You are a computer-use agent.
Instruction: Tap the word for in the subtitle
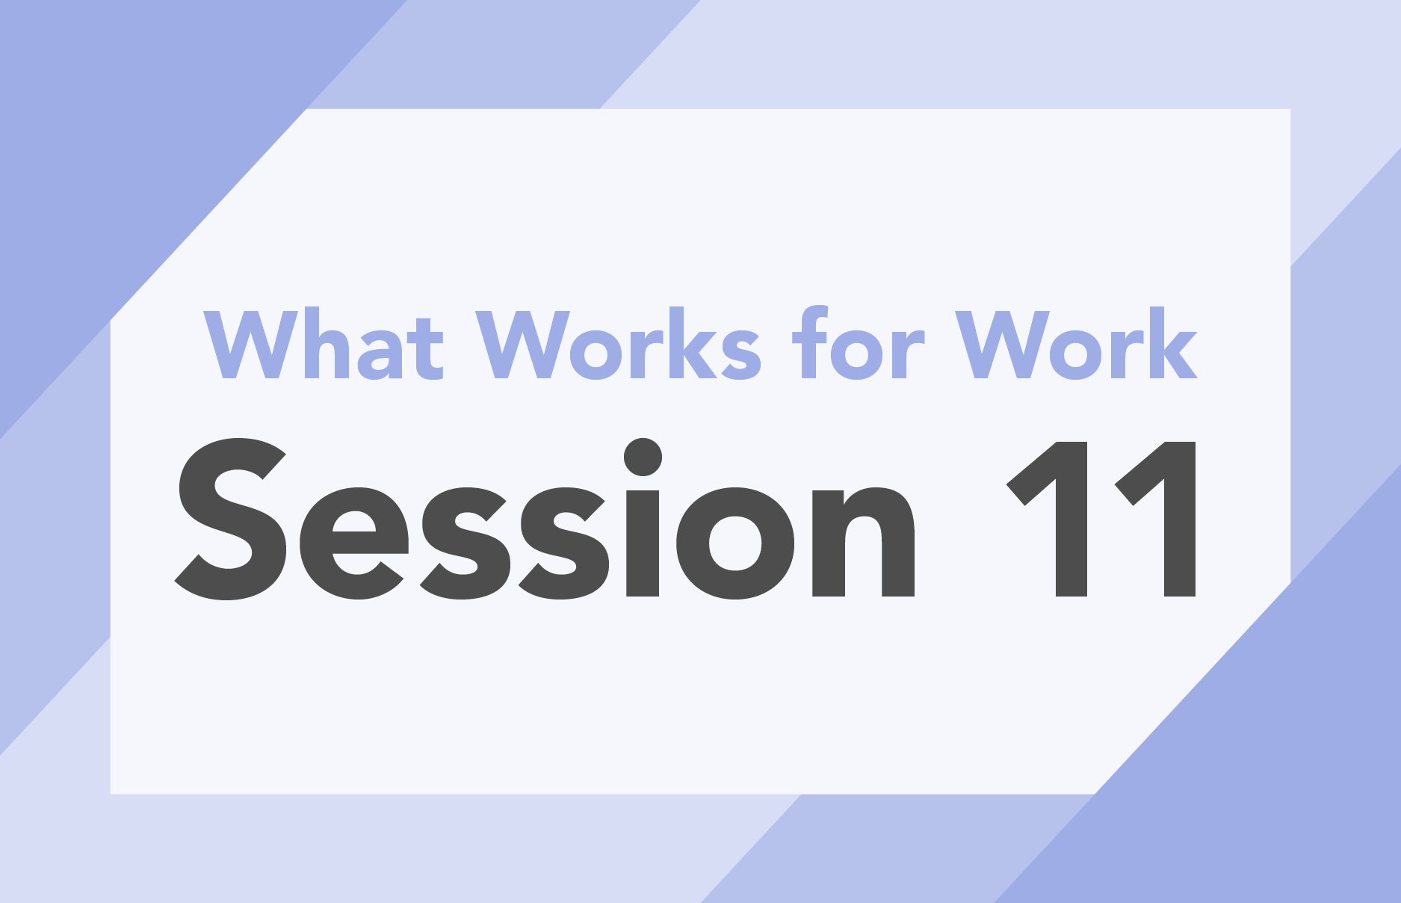(859, 342)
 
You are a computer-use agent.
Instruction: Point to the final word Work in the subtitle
(1077, 344)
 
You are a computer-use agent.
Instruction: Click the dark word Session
(545, 519)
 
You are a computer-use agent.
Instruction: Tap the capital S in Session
(231, 519)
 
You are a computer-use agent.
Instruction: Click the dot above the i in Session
(643, 457)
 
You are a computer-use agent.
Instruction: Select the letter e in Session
(354, 543)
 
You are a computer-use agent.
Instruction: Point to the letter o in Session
(735, 543)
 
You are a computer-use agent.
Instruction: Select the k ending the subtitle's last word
(1171, 342)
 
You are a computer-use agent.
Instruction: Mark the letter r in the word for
(909, 352)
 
